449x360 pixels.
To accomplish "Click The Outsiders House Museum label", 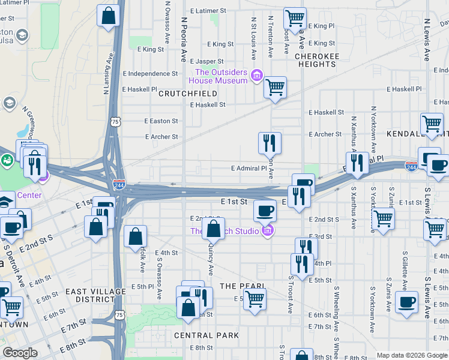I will point(218,76).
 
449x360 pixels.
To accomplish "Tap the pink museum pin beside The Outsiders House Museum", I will point(257,75).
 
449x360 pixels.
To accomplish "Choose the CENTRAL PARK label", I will point(206,335).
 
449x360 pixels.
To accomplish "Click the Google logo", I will point(20,353).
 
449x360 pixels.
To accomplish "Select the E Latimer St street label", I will point(208,11).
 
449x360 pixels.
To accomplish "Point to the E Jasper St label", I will point(206,61).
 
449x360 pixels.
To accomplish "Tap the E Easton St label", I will point(161,121).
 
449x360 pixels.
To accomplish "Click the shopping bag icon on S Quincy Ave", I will point(213,229).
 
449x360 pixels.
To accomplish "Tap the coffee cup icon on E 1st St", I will point(265,210).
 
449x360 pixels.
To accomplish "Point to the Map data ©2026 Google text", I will point(410,355).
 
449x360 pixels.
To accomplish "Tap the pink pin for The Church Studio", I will point(268,231).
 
